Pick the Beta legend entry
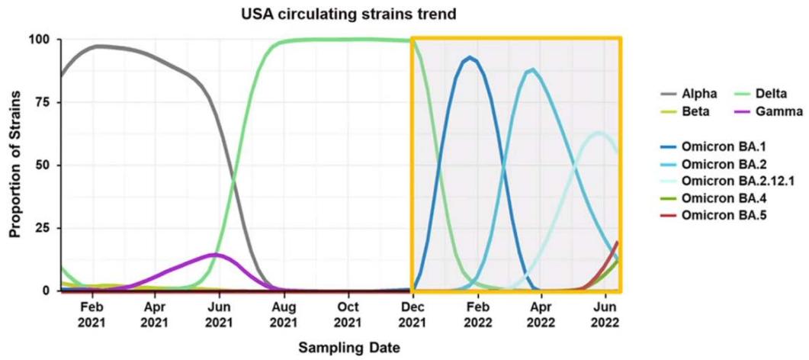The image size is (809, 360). click(x=697, y=111)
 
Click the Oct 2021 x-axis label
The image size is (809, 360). click(x=348, y=313)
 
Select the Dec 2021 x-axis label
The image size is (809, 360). click(x=413, y=313)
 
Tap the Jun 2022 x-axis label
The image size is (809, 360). click(x=605, y=313)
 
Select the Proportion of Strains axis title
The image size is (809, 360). click(x=14, y=165)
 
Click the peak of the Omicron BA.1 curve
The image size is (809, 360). click(x=471, y=57)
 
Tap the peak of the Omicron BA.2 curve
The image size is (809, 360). click(x=532, y=69)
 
